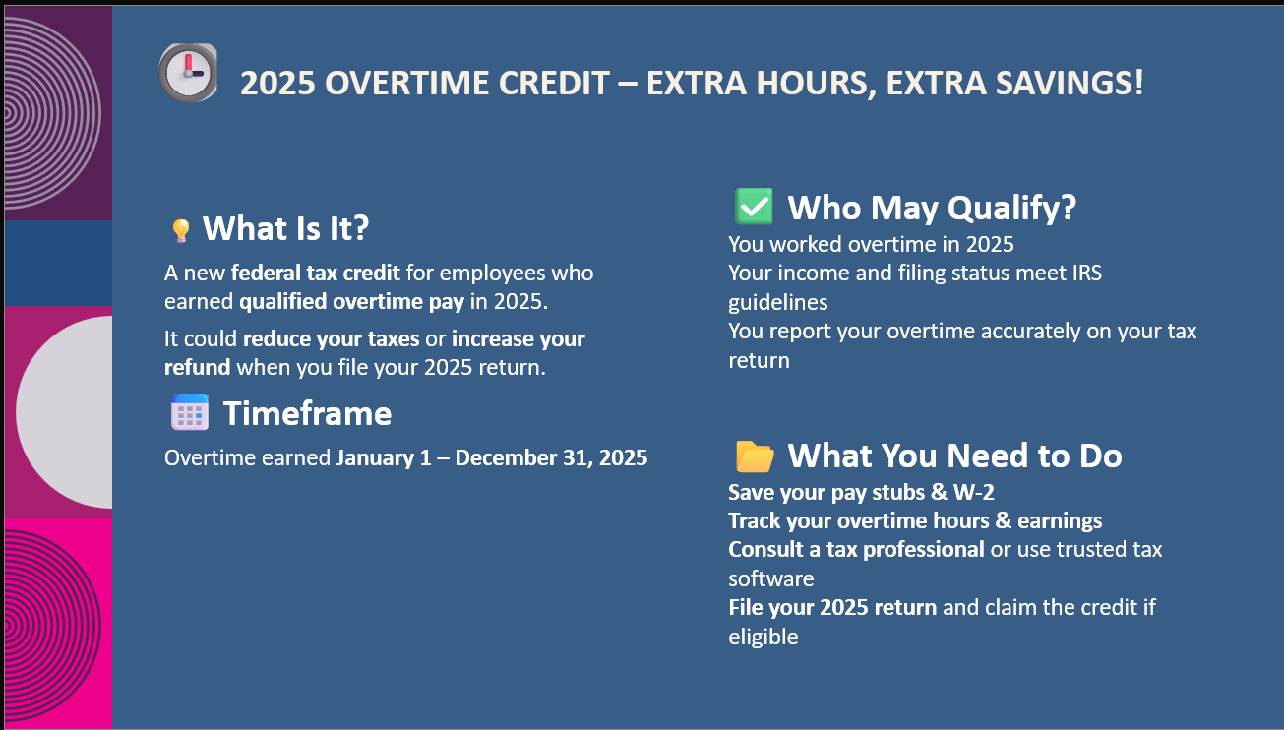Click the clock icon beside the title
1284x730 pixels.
tap(188, 73)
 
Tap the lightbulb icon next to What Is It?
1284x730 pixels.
tap(181, 231)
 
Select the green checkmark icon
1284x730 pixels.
tap(754, 207)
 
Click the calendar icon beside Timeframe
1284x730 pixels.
tap(190, 412)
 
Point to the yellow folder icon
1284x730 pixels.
tap(755, 456)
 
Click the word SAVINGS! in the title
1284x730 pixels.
tap(1070, 83)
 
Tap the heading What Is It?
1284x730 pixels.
tap(285, 228)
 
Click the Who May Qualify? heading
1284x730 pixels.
tap(932, 207)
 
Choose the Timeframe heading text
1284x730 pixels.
tap(307, 413)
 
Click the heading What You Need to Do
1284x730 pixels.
tap(955, 456)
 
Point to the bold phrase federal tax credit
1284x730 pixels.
tap(315, 273)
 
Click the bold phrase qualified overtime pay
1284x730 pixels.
tap(351, 302)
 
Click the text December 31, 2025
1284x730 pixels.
tap(551, 457)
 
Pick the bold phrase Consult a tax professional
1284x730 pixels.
tap(856, 550)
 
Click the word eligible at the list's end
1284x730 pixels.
tap(763, 637)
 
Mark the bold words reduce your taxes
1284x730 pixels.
tap(332, 339)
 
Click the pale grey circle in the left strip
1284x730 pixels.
tap(64, 412)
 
